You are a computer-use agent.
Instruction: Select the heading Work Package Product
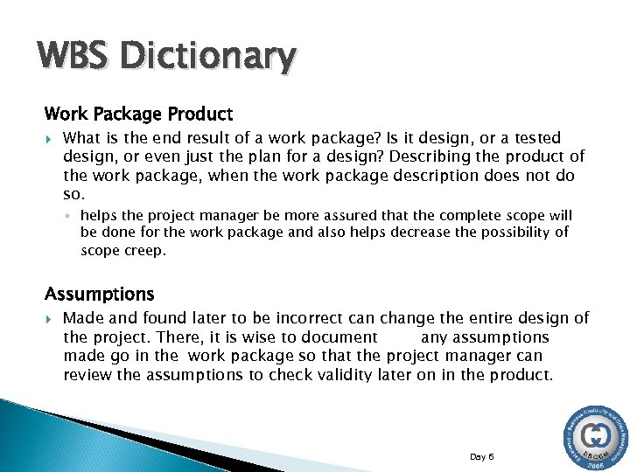(x=138, y=114)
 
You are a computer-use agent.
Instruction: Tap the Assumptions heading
(x=99, y=294)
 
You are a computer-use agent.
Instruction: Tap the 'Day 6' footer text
(x=482, y=456)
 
